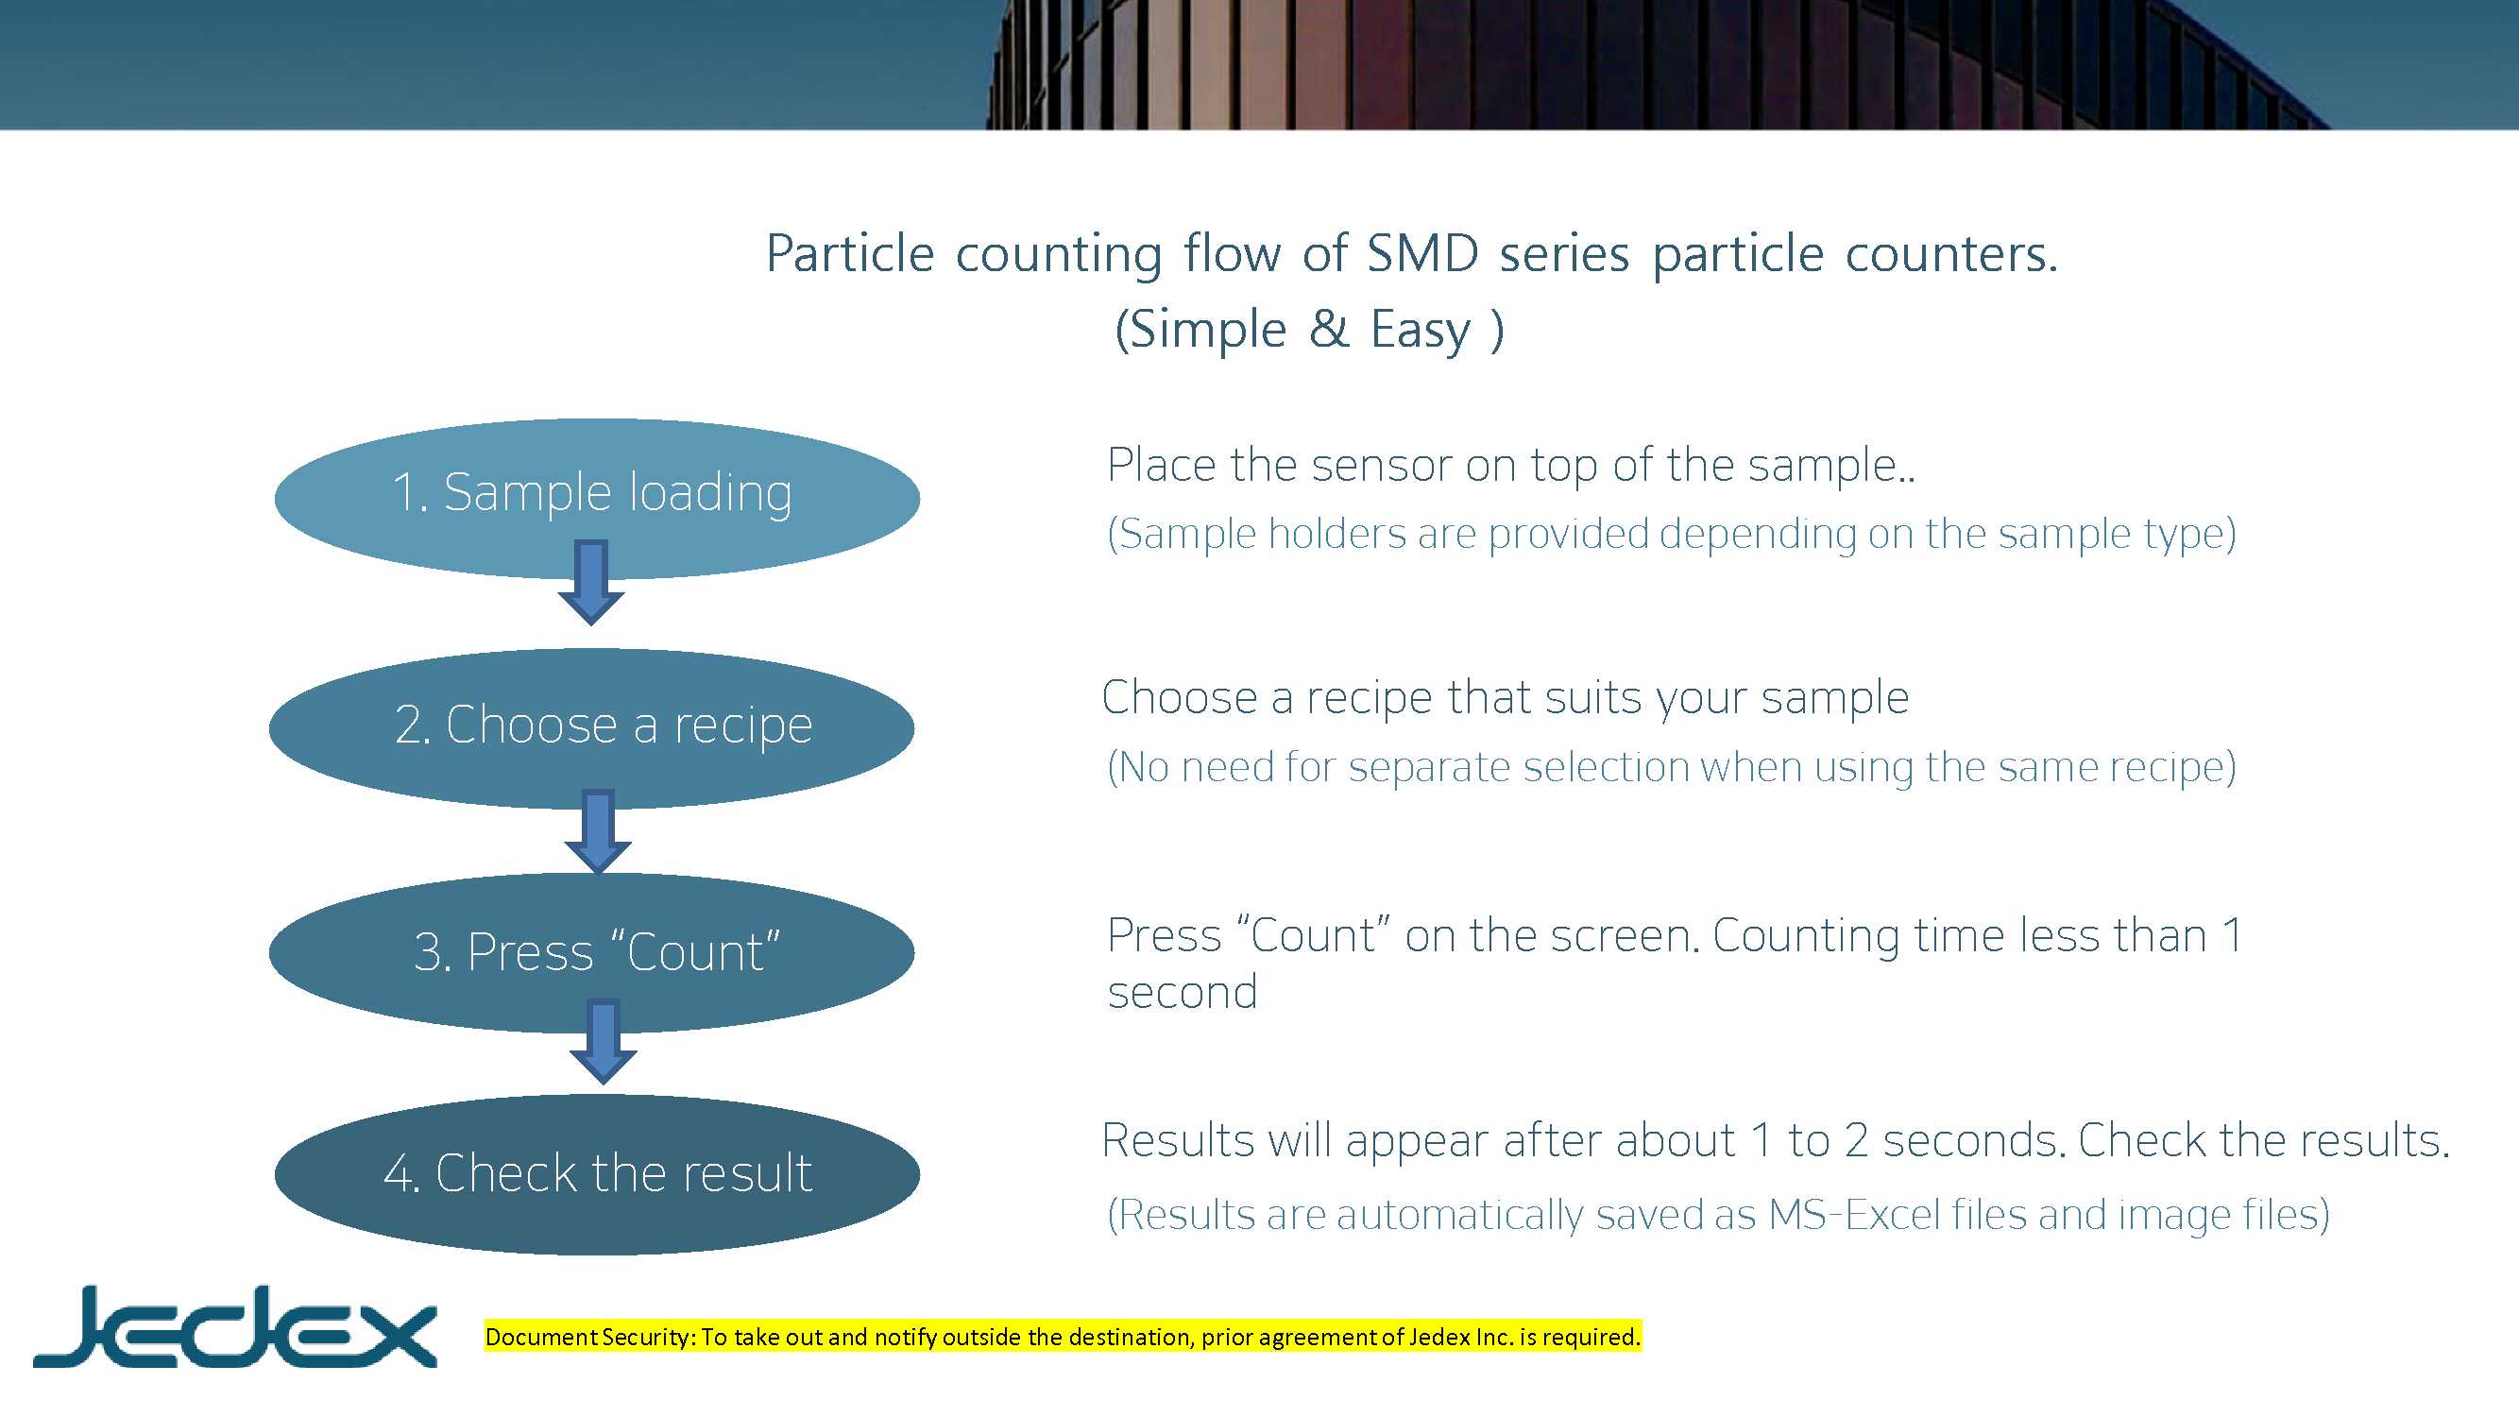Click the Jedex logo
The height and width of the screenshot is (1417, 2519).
coord(234,1325)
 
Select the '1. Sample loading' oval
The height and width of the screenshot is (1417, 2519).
coord(597,498)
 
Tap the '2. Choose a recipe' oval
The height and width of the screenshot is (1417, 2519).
coord(591,727)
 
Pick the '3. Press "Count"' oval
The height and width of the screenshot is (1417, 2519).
coord(591,952)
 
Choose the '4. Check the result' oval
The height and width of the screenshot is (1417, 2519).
coord(597,1173)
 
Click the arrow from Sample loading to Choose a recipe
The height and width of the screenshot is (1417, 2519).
coord(590,582)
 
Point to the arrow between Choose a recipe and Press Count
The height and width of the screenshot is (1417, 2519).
coord(598,832)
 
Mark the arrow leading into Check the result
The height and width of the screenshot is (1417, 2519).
coord(604,1041)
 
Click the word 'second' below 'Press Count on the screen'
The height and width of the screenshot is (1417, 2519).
coord(1183,994)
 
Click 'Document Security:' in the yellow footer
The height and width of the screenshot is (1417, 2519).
coord(591,1338)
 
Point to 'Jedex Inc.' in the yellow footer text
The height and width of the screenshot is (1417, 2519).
coord(1461,1338)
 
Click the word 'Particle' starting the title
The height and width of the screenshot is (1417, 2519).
coord(851,253)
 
